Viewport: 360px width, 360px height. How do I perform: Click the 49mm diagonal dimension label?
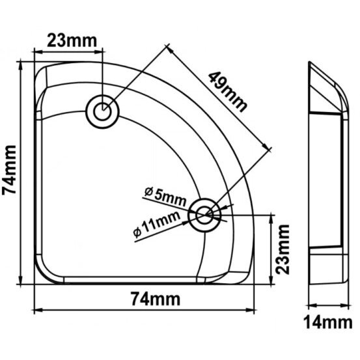(x=228, y=92)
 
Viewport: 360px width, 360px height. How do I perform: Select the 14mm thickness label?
(x=328, y=323)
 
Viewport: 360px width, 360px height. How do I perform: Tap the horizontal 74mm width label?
(x=156, y=299)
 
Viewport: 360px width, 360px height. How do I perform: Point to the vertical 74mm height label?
(x=9, y=170)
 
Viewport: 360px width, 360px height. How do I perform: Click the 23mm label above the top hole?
(x=72, y=41)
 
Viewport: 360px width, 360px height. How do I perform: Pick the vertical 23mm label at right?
(x=283, y=249)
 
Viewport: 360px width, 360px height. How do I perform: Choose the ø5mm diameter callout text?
(x=165, y=197)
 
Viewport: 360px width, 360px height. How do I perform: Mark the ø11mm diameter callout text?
(x=157, y=224)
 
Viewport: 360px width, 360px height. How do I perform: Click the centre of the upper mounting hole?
(x=102, y=111)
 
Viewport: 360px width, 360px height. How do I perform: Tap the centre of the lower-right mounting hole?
(x=204, y=215)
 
